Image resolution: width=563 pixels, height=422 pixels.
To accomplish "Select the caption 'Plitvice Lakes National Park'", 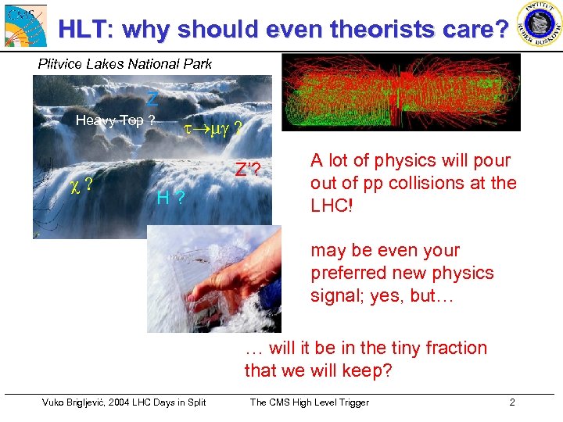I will click(x=125, y=64).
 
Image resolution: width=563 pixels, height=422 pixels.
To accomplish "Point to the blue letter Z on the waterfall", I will click(x=152, y=99).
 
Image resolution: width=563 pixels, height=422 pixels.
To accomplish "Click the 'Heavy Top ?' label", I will click(x=115, y=120).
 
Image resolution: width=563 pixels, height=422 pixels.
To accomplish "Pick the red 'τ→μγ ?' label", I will click(x=212, y=127).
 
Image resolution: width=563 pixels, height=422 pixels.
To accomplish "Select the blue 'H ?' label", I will click(x=170, y=198).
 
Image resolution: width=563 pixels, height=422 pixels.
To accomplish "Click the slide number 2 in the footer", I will click(x=511, y=402).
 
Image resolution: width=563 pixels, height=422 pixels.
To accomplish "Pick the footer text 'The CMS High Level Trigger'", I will click(x=309, y=402).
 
